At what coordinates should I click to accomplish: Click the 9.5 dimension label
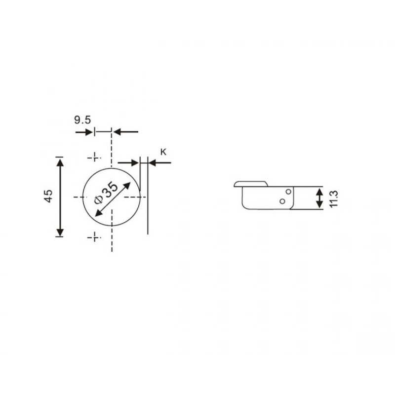[82, 120]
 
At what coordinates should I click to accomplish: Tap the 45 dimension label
[48, 196]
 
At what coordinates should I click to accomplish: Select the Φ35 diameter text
[106, 193]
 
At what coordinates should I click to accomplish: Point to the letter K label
[163, 152]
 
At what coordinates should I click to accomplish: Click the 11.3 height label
[334, 199]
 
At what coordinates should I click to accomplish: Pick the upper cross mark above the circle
[94, 158]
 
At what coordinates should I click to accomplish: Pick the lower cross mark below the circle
[94, 237]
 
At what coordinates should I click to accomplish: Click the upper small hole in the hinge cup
[288, 192]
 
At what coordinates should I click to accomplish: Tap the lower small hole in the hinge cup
[282, 201]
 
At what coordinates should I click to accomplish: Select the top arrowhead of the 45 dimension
[60, 163]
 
